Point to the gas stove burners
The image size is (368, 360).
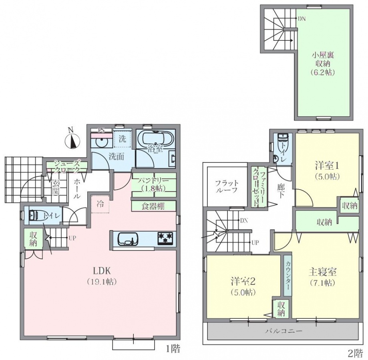[x=165, y=238]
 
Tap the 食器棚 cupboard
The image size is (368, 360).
[x=154, y=206]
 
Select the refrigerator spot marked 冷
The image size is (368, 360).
[x=101, y=204]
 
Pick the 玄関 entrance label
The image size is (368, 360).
[x=56, y=187]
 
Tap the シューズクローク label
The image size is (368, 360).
[x=67, y=166]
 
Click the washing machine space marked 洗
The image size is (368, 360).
[x=122, y=139]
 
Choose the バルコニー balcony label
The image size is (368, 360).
[x=284, y=331]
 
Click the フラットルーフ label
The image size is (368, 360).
[x=227, y=186]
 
